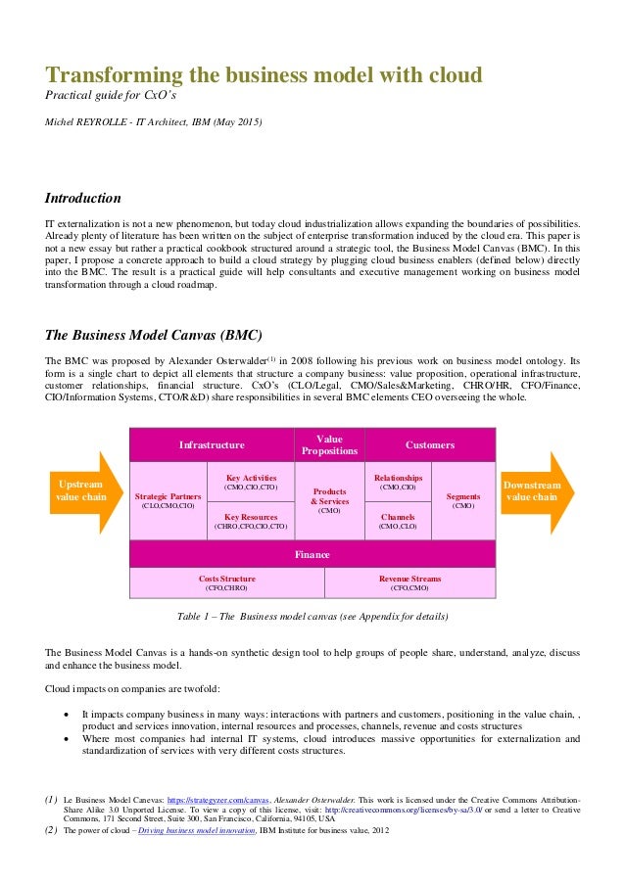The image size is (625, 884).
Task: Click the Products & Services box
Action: click(329, 500)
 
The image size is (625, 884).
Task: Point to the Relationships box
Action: click(398, 481)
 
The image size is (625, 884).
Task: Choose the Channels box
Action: click(398, 521)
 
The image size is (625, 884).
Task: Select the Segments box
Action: click(463, 500)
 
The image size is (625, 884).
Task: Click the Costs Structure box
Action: click(227, 583)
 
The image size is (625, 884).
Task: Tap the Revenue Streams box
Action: click(409, 583)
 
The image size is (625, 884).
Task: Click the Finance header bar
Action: click(313, 554)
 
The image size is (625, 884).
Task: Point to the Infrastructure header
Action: click(212, 445)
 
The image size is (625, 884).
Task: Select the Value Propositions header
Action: click(329, 445)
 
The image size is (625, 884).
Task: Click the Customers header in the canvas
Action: click(430, 445)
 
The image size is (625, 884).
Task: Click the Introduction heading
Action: click(83, 197)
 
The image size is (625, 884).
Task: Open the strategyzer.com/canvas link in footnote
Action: click(210, 800)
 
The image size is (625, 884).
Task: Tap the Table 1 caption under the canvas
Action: click(312, 618)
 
